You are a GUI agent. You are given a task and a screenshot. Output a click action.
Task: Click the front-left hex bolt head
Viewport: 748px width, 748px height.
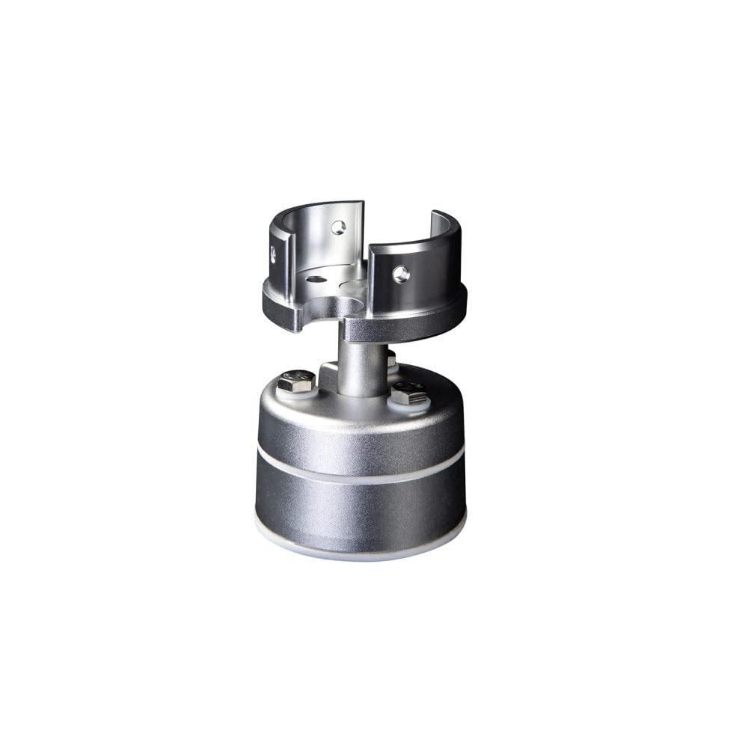point(296,381)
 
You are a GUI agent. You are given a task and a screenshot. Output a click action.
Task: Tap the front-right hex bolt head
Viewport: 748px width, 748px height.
point(408,391)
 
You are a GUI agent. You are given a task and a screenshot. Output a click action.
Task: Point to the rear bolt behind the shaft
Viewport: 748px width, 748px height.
point(391,361)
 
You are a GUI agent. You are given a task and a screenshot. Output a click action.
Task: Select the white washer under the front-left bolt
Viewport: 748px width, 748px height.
point(298,393)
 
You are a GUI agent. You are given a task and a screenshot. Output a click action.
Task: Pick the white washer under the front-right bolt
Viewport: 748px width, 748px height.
point(408,402)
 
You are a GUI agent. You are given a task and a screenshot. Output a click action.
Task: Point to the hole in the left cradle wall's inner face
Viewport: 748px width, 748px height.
point(339,227)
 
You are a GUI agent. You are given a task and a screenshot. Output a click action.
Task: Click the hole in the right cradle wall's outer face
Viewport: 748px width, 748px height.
point(400,274)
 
